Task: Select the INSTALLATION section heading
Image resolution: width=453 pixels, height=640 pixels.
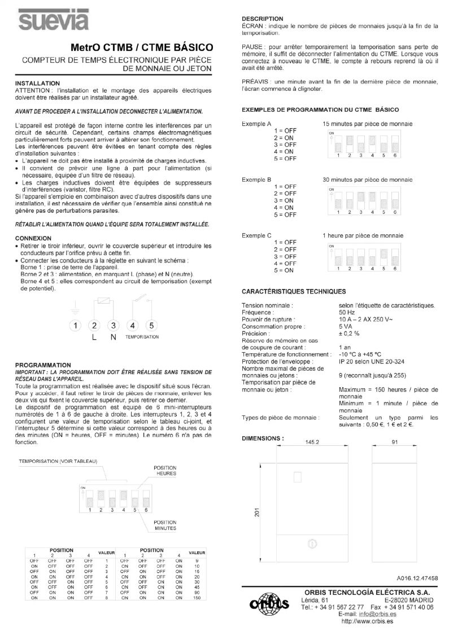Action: tap(37, 83)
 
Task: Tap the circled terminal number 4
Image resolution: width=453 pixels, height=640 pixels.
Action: tap(133, 325)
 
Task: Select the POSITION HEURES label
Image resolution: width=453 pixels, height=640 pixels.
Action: tap(165, 471)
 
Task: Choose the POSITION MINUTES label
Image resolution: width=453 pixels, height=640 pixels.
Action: tap(165, 526)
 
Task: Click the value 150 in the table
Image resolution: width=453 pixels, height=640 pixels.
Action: tap(197, 598)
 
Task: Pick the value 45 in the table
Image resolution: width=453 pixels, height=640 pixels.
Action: tap(197, 587)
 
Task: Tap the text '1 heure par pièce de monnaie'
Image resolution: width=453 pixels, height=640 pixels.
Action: tap(363, 235)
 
